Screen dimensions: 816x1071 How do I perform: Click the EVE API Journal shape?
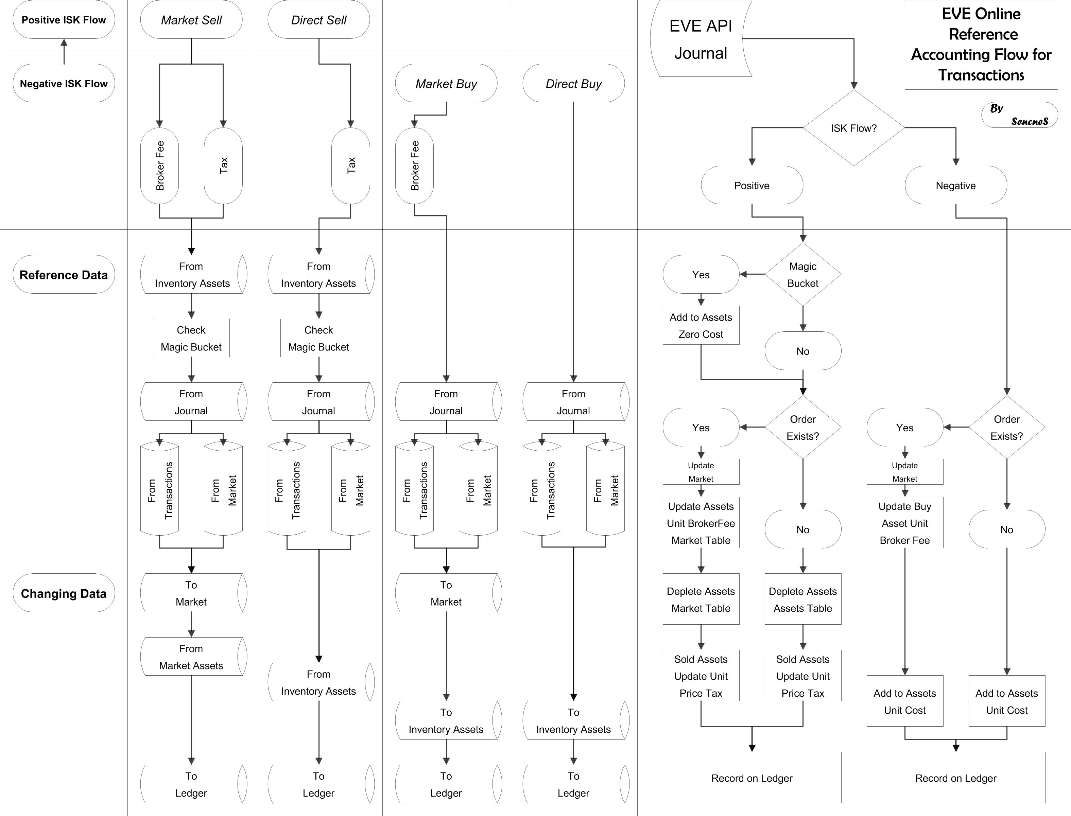click(x=701, y=39)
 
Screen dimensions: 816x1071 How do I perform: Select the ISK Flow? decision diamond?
click(x=853, y=128)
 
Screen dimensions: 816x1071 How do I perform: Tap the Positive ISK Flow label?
click(x=64, y=20)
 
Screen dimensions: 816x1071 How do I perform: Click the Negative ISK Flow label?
click(x=64, y=84)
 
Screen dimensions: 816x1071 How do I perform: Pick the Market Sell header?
click(x=191, y=20)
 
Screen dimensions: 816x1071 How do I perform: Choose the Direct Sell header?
click(x=318, y=20)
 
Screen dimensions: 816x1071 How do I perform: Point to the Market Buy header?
click(x=446, y=84)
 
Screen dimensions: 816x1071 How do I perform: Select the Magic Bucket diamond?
click(x=802, y=274)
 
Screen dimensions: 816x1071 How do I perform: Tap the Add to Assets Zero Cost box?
click(x=701, y=326)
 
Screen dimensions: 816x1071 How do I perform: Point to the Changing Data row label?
click(x=64, y=593)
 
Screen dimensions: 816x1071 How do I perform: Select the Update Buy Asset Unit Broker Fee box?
click(x=904, y=523)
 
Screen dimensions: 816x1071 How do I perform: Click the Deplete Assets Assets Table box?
click(x=802, y=600)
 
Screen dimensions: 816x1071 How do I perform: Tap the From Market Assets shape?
click(x=191, y=657)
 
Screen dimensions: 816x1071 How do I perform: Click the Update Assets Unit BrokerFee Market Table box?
click(x=701, y=523)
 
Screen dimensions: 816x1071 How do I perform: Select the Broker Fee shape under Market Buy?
click(x=414, y=166)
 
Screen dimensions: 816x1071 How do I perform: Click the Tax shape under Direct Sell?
click(x=351, y=166)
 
